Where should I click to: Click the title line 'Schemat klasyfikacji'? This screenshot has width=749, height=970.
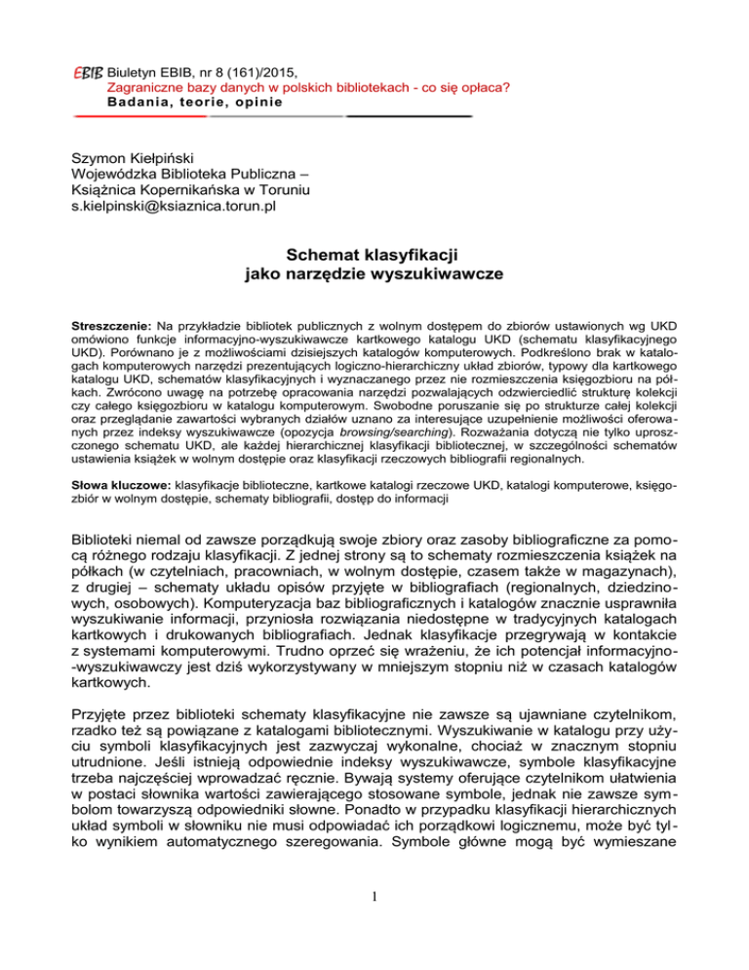point(374,255)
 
